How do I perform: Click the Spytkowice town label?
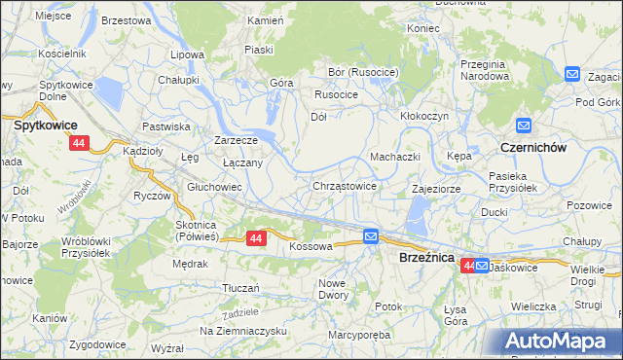(45, 126)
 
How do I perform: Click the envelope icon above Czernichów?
(524, 126)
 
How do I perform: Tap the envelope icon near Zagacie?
(571, 75)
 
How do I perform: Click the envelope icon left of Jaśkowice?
(482, 265)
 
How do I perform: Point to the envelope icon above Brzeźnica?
(371, 236)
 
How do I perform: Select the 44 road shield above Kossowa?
(256, 237)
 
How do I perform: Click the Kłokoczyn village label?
(424, 115)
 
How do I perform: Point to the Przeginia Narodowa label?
(485, 69)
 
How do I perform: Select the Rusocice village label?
(336, 94)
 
